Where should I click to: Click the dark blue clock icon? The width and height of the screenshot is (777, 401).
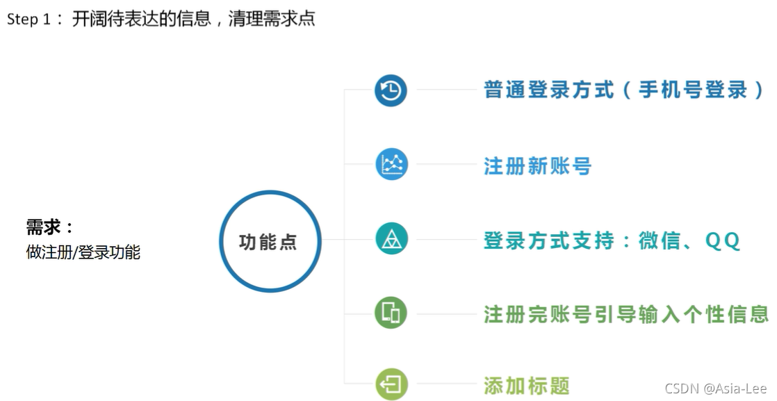click(391, 90)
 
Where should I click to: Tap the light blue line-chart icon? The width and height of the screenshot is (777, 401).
click(391, 165)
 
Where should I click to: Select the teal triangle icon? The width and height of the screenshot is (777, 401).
click(391, 239)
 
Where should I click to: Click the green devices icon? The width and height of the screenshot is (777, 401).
click(391, 313)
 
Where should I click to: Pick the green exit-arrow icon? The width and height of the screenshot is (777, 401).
click(391, 384)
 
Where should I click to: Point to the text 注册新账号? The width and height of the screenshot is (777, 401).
click(537, 166)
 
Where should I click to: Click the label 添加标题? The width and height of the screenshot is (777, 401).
click(527, 386)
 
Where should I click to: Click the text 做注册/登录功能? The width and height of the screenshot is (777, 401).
click(83, 252)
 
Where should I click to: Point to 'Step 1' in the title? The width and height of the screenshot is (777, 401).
click(29, 19)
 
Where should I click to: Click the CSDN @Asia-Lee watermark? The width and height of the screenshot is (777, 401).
click(715, 388)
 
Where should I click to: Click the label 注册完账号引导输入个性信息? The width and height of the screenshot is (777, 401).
click(626, 314)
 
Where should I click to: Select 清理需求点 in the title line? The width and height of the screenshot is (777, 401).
click(272, 19)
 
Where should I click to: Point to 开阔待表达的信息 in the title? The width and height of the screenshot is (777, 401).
click(141, 19)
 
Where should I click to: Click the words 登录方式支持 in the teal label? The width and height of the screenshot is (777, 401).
click(548, 240)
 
